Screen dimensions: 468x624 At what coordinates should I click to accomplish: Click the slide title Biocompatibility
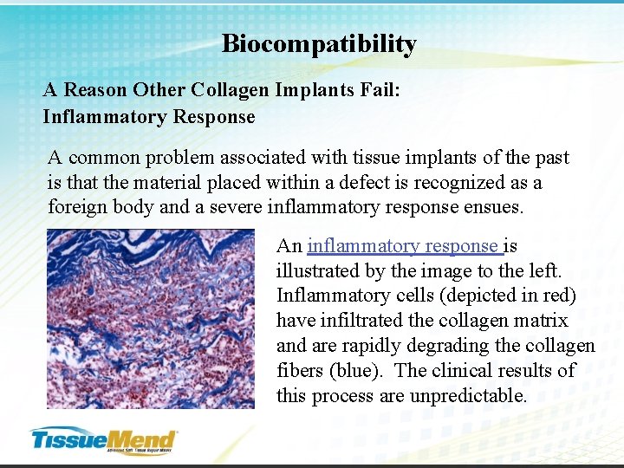319,44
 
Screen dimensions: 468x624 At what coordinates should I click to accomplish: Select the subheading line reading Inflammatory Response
149,117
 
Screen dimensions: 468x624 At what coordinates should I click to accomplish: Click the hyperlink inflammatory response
403,246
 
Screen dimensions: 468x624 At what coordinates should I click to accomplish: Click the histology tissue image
150,318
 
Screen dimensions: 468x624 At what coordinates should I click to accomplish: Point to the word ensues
494,208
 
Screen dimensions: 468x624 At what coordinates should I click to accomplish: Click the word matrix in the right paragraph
542,321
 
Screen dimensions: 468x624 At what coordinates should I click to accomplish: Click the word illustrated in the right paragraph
319,271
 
